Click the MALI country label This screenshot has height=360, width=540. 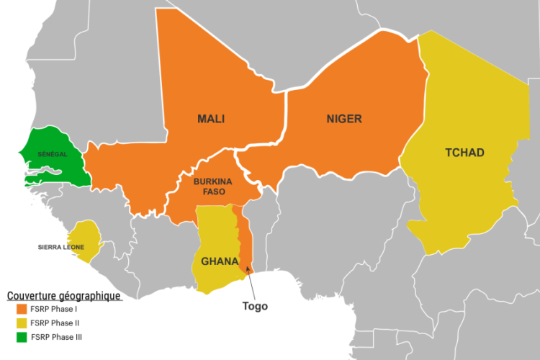click(x=212, y=119)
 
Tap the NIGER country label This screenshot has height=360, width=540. click(x=343, y=119)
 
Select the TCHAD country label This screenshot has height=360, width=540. click(x=464, y=153)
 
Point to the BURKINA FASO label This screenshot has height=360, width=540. click(x=212, y=187)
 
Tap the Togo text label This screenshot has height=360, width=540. click(x=255, y=306)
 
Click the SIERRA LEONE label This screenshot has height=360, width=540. click(x=60, y=247)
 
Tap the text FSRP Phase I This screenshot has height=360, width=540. click(x=59, y=310)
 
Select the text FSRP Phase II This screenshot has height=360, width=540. click(x=60, y=323)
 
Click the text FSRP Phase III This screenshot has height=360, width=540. click(x=62, y=336)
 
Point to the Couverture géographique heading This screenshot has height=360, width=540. click(x=63, y=296)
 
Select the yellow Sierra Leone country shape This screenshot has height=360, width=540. click(x=85, y=238)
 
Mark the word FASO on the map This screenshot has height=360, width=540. click(x=212, y=192)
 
